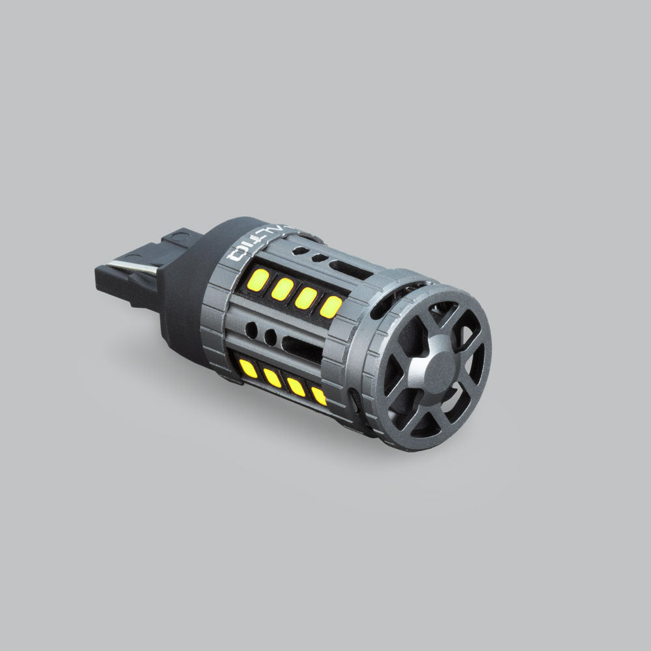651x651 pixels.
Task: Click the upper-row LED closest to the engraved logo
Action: pos(258,280)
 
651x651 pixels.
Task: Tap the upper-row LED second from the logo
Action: pos(283,288)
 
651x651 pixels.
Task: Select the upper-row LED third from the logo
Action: pos(306,298)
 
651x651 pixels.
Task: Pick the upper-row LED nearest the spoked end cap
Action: pos(331,307)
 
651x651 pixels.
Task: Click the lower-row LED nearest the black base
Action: pos(248,368)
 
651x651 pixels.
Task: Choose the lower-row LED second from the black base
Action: pos(271,378)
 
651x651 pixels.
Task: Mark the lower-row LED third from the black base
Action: pos(296,387)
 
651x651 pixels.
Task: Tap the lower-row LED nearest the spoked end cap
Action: pos(319,395)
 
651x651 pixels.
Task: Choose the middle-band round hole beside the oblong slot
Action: pos(269,337)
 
